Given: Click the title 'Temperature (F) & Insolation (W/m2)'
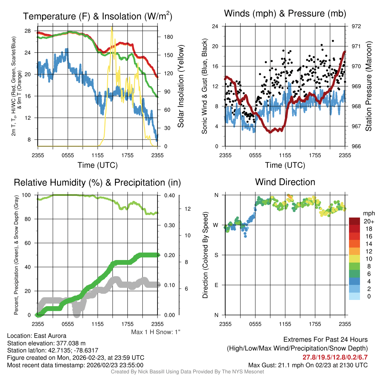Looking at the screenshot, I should (x=97, y=16).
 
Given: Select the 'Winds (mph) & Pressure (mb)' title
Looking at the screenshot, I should (x=285, y=14).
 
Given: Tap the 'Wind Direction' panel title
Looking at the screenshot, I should (x=285, y=182).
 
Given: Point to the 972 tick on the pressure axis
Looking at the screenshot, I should (x=356, y=26).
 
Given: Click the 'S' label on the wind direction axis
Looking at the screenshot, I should (x=216, y=255).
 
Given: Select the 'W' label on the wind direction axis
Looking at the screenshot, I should (x=216, y=225).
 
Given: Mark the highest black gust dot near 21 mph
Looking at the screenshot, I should (x=333, y=41).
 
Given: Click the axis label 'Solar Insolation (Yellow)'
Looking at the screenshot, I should (x=181, y=86).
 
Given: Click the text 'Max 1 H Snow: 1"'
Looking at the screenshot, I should (x=156, y=332).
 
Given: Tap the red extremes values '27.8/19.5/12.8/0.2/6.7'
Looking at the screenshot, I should (x=335, y=357).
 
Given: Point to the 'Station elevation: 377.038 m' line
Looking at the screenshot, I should (x=46, y=343).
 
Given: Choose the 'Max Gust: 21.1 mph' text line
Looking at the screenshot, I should (x=308, y=365).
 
